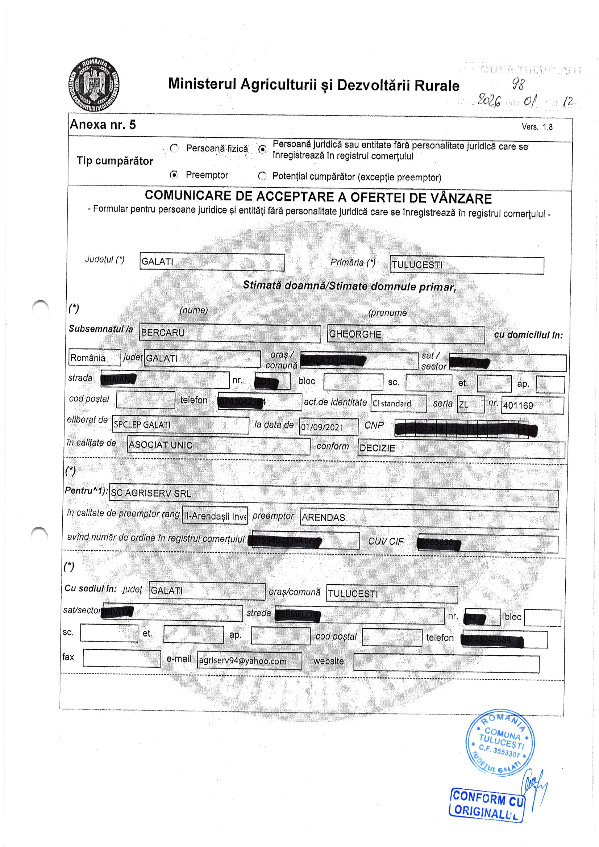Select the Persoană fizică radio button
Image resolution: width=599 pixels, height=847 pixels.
point(174,148)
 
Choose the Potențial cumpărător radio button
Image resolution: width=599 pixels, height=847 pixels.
point(262,176)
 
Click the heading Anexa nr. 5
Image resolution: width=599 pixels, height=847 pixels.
point(103,125)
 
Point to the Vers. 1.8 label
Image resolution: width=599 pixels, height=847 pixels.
point(537,127)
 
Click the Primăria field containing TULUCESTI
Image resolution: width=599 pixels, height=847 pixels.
point(466,265)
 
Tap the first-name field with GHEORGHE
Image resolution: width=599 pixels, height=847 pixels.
point(405,334)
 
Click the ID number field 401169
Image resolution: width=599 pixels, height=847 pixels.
point(532,405)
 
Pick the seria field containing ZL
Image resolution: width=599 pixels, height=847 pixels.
point(470,404)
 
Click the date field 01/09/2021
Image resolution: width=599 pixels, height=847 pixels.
point(328,427)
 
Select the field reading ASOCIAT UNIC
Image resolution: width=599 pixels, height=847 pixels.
point(219,445)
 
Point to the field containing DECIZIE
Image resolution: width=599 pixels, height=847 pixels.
point(461,448)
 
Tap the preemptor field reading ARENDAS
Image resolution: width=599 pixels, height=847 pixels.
point(429,518)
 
